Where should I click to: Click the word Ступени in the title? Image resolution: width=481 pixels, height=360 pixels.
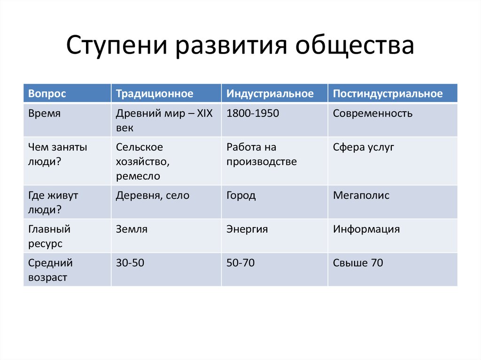coord(117,46)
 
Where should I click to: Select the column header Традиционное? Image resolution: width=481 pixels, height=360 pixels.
coord(155,93)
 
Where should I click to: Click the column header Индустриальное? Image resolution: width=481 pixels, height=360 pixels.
coord(270,93)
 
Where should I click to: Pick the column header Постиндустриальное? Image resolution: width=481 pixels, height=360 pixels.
coord(388,93)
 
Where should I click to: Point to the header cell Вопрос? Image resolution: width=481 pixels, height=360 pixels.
coord(47,93)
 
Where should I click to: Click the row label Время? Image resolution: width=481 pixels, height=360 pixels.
coord(45,114)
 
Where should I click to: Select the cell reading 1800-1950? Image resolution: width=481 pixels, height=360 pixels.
coord(253,114)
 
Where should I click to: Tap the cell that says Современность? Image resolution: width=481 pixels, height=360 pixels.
coord(372,114)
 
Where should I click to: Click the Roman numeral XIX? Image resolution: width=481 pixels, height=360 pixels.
coord(205,114)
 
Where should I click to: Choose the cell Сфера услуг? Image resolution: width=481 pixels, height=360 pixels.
coord(363,147)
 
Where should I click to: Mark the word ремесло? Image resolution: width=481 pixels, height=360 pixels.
coord(138,176)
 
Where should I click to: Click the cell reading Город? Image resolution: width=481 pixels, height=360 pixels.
coord(241,196)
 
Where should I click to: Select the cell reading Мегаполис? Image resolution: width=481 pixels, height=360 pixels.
coord(361,196)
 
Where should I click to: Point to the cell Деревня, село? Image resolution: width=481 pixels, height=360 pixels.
coord(153,196)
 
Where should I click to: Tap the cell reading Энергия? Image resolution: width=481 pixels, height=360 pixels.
coord(247,230)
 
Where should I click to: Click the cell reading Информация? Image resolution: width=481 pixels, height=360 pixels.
coord(366,230)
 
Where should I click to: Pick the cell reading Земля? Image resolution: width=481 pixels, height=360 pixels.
coord(132,230)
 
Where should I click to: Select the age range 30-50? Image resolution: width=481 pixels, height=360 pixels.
coord(130,263)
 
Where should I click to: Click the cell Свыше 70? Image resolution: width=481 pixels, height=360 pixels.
coord(358,263)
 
